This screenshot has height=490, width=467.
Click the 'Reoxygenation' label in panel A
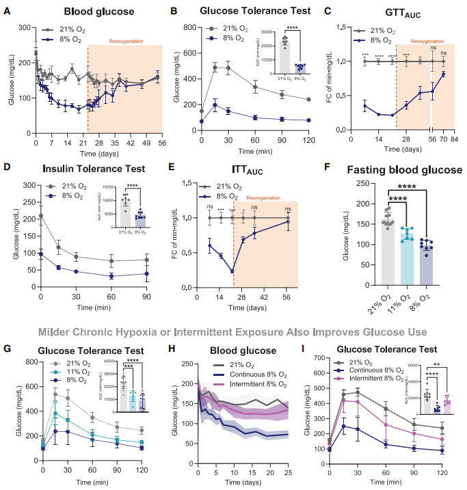click(x=126, y=41)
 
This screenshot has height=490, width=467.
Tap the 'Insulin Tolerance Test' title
click(x=82, y=167)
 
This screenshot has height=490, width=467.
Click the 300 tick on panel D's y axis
click(x=30, y=185)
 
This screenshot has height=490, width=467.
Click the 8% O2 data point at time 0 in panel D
click(x=41, y=253)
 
